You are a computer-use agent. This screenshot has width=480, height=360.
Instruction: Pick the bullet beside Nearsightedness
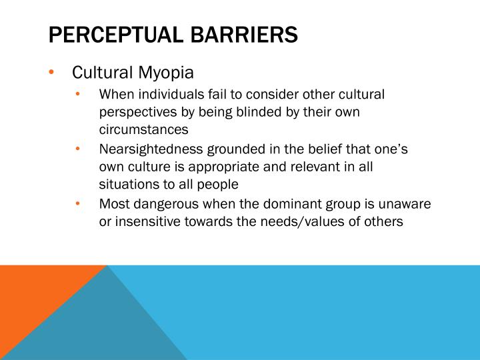(78, 149)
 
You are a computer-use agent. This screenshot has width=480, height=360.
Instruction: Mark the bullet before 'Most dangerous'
(78, 205)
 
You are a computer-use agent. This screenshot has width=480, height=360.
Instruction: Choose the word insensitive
(143, 222)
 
